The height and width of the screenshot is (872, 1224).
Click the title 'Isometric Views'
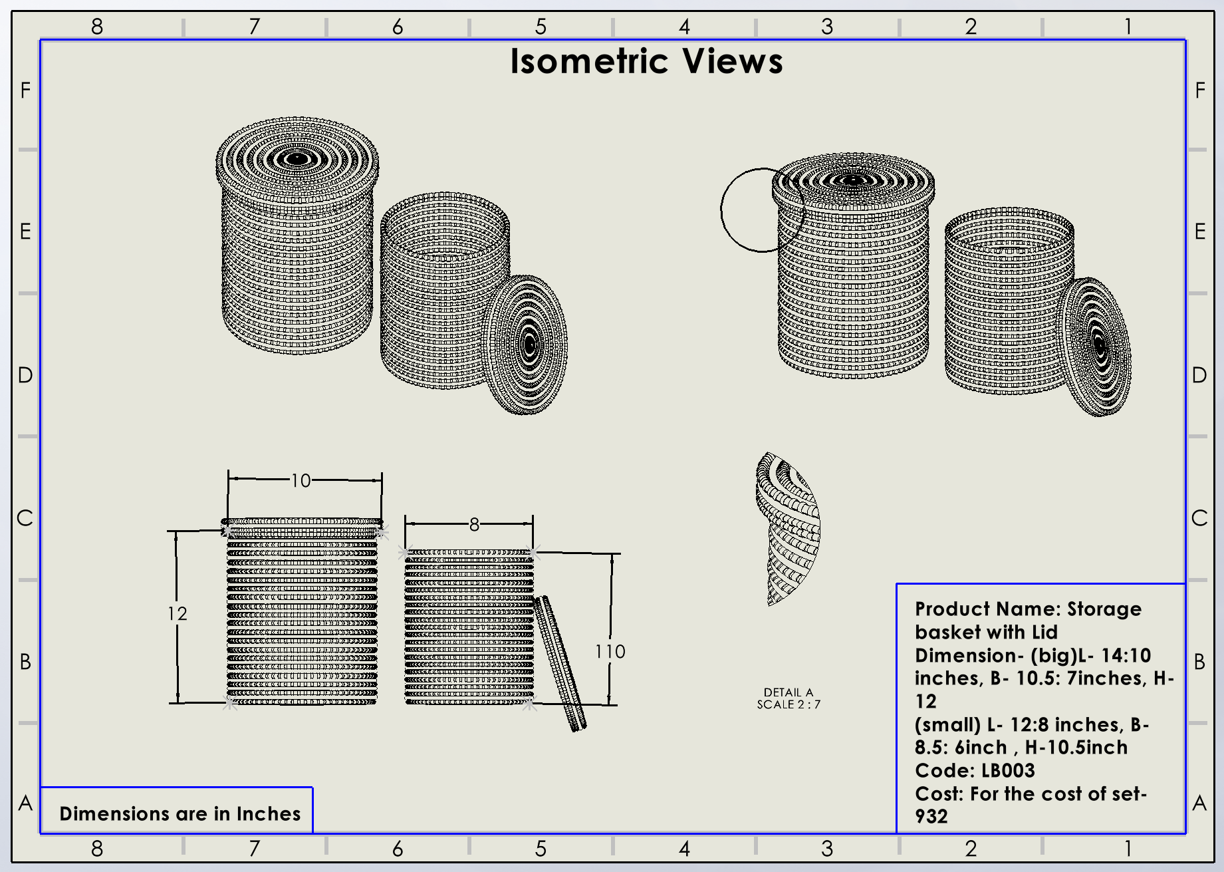(646, 62)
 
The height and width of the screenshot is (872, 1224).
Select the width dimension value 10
(301, 480)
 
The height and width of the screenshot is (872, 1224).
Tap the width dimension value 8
(474, 525)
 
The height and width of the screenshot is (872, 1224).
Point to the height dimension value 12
(178, 613)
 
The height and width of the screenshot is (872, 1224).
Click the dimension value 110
(610, 651)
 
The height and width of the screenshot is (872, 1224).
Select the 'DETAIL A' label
(789, 692)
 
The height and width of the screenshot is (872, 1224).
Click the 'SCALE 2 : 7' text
(789, 704)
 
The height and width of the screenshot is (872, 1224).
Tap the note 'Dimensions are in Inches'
(180, 813)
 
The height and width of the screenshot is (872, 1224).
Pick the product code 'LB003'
(1008, 770)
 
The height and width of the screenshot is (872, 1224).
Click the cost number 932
(931, 816)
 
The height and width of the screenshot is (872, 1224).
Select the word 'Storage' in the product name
(1104, 609)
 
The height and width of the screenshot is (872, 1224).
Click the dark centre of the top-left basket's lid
(297, 159)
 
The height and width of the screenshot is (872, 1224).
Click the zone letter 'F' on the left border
(25, 90)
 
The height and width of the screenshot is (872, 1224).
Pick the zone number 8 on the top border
(97, 27)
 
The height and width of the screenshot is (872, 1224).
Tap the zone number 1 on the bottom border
(1128, 849)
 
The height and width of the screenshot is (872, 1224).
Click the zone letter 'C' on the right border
(1199, 518)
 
